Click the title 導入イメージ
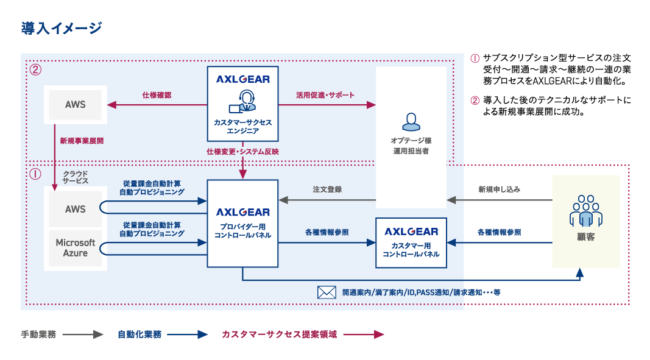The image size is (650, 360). tap(62, 27)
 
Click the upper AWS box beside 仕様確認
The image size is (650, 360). tap(76, 104)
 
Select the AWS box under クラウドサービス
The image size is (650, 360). tap(76, 209)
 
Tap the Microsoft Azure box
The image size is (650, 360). tap(76, 248)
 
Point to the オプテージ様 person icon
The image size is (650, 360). tap(411, 122)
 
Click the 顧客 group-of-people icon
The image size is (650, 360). tap(585, 211)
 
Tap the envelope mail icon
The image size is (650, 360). tap(327, 292)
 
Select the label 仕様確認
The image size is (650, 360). tap(157, 95)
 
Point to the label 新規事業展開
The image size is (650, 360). tap(81, 141)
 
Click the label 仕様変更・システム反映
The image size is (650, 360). tap(242, 151)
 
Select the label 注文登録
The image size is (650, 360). tap(327, 189)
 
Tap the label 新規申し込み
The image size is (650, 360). tap(499, 189)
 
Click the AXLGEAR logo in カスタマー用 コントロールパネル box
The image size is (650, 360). tap(411, 231)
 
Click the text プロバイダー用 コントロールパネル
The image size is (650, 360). tap(242, 230)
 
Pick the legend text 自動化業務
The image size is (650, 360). tap(140, 334)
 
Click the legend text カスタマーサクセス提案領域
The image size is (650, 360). tap(279, 334)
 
